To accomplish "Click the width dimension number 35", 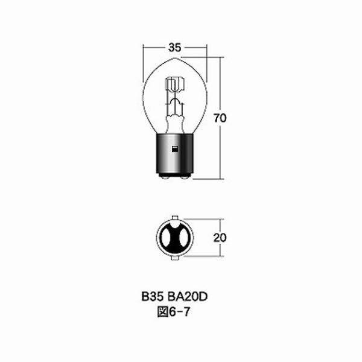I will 174,46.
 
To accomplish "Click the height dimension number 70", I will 220,118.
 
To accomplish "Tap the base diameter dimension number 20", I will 220,238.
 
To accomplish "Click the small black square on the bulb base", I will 175,148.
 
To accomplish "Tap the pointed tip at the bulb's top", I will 175,59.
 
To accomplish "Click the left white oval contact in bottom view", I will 165,238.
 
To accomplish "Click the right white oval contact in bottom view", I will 185,238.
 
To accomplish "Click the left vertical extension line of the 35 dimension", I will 142,60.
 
